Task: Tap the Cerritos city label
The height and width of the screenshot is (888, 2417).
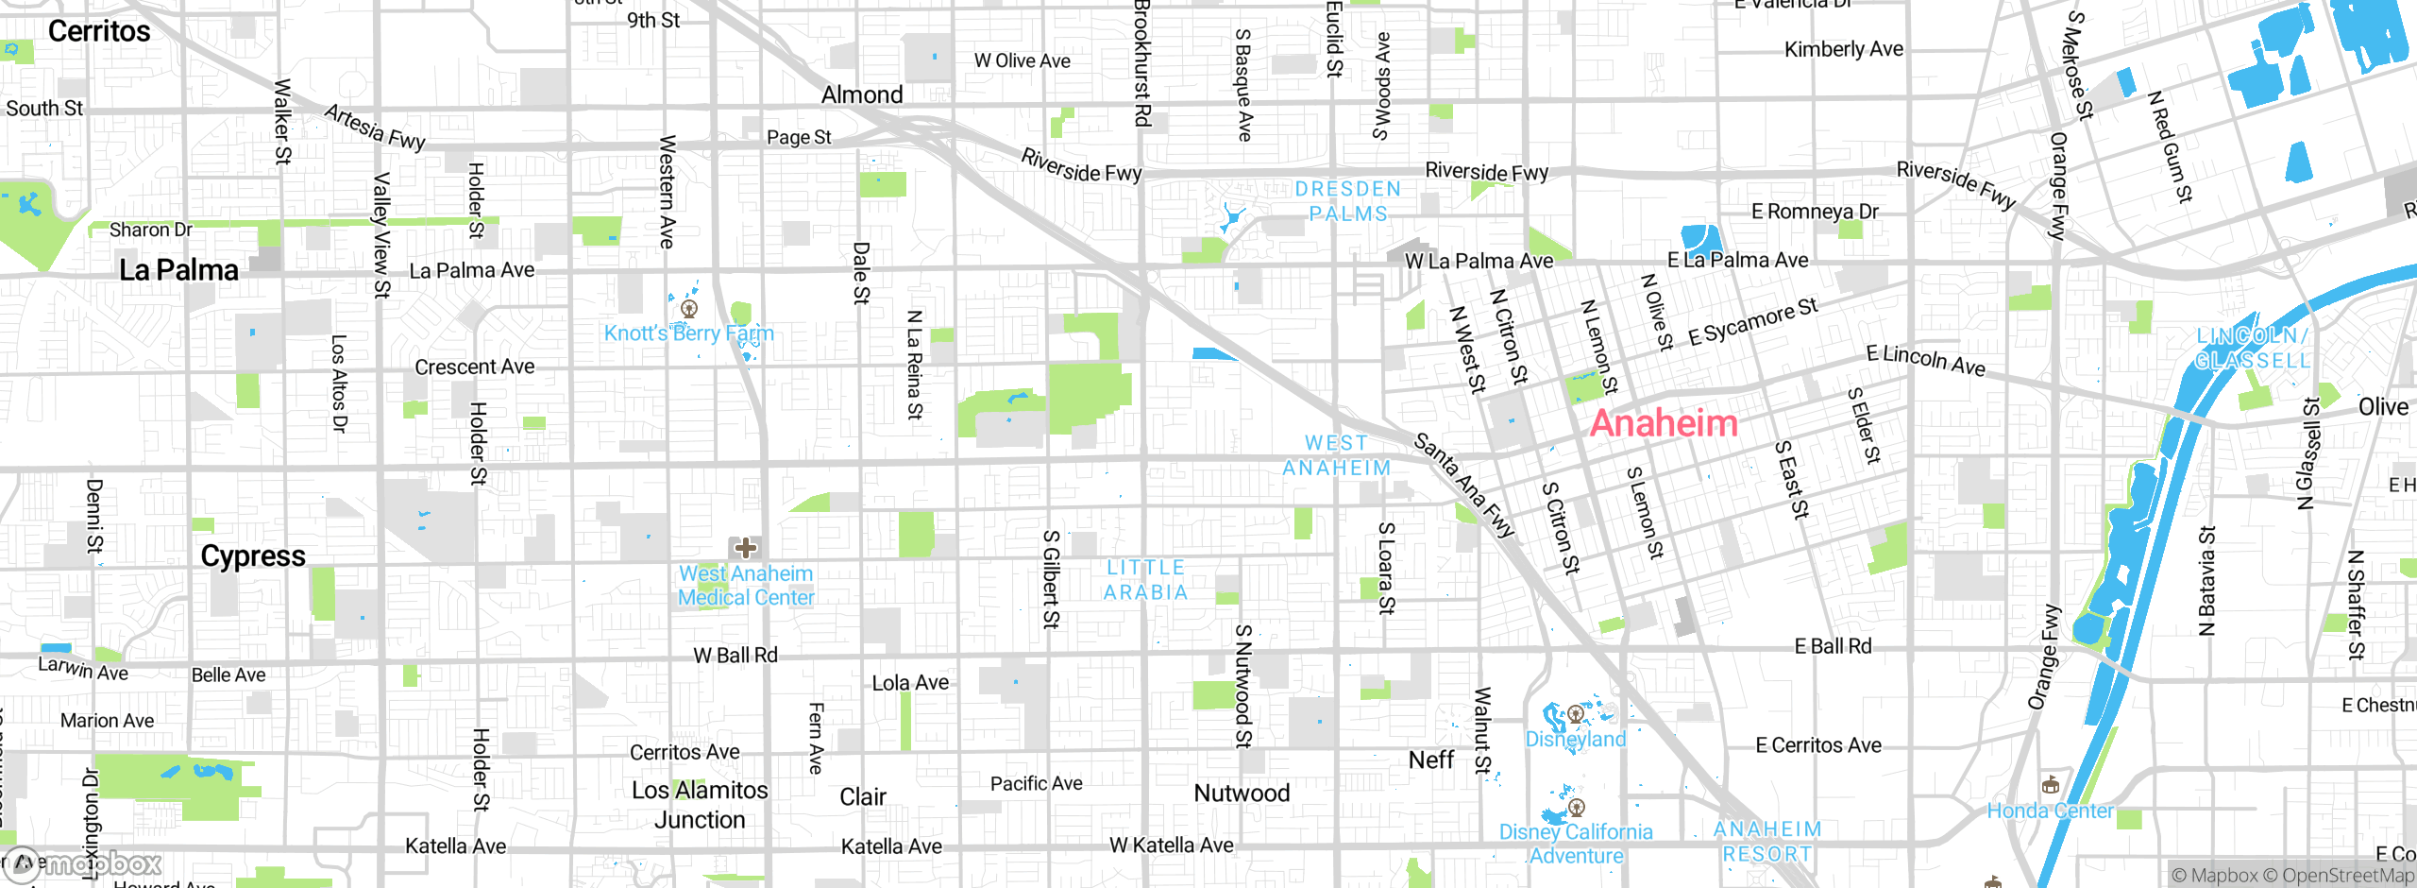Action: pyautogui.click(x=99, y=31)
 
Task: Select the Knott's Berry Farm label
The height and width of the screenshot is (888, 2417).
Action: pyautogui.click(x=688, y=333)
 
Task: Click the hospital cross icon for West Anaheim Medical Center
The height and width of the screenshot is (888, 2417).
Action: pyautogui.click(x=745, y=548)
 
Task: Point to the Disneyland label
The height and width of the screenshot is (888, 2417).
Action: pyautogui.click(x=1576, y=739)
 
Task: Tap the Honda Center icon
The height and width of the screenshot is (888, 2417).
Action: pyautogui.click(x=2050, y=785)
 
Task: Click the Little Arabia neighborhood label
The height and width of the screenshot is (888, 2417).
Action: pyautogui.click(x=1145, y=580)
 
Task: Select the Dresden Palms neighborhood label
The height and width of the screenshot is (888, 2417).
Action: pyautogui.click(x=1347, y=201)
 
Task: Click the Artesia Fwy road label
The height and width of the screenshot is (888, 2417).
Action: pyautogui.click(x=375, y=128)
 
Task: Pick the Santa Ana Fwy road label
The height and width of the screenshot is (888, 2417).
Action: pyautogui.click(x=1463, y=486)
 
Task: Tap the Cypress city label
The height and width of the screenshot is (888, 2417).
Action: pyautogui.click(x=253, y=555)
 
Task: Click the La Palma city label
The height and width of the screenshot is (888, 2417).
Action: pyautogui.click(x=178, y=270)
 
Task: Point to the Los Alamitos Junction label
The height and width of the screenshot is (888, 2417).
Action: pyautogui.click(x=700, y=805)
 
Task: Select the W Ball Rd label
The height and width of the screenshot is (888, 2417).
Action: pyautogui.click(x=735, y=655)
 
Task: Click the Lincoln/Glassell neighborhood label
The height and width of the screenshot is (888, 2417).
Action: pyautogui.click(x=2252, y=349)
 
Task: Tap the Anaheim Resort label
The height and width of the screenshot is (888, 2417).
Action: pyautogui.click(x=1767, y=842)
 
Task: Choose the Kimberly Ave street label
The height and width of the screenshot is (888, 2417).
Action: pyautogui.click(x=1843, y=49)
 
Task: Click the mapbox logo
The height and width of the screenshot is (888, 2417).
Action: pyautogui.click(x=85, y=864)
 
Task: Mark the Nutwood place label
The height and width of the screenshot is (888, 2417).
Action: pyautogui.click(x=1242, y=793)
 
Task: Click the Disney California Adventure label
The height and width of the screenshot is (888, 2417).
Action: pyautogui.click(x=1576, y=844)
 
